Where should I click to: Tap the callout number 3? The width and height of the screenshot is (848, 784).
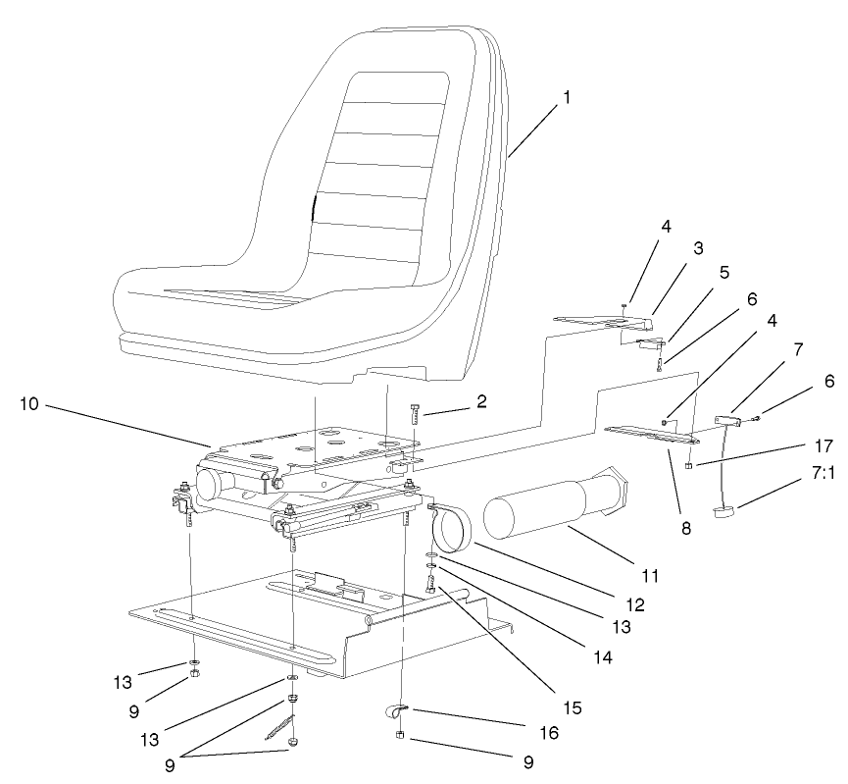point(699,250)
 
